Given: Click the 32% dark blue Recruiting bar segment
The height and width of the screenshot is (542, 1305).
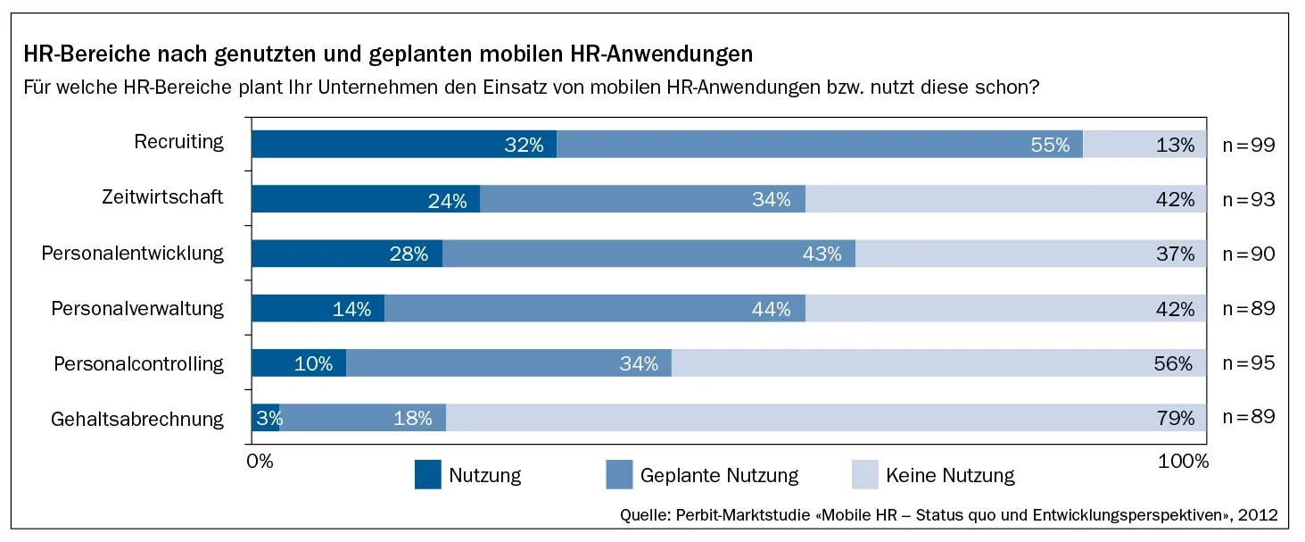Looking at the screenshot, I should [x=403, y=145].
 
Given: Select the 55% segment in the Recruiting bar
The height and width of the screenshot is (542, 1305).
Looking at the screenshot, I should [x=819, y=145].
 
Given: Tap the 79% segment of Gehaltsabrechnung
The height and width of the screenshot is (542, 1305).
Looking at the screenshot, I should [x=825, y=418].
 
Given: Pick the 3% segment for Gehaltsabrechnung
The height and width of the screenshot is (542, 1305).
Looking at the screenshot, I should [x=266, y=418].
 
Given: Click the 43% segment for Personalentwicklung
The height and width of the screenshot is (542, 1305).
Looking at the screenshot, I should [x=648, y=254].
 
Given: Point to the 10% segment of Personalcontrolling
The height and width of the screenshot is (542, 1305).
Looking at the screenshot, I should [x=298, y=363].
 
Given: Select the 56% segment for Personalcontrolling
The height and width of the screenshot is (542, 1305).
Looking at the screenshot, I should [x=938, y=363].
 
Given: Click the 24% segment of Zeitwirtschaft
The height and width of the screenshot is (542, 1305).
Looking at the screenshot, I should [x=366, y=199].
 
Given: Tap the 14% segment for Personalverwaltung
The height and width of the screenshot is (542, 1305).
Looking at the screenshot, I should [x=318, y=309].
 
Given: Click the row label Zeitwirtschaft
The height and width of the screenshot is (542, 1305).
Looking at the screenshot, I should [x=162, y=197].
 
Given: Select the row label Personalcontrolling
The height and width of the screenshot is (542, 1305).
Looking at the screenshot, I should [x=138, y=363].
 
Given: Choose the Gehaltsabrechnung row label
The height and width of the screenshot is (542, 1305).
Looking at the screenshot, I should [x=137, y=419].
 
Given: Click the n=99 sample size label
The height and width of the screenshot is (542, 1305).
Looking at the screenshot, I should [x=1248, y=145].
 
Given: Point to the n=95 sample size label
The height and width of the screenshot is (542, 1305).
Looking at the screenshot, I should [x=1248, y=363].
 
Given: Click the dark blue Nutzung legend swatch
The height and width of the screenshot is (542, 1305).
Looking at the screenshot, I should [x=427, y=475].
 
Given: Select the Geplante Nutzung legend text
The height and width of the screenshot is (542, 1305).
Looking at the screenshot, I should [x=719, y=475].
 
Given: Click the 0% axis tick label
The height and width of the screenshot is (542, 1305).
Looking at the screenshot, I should [x=260, y=461].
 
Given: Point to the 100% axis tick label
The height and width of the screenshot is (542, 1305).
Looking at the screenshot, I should [x=1183, y=461].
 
